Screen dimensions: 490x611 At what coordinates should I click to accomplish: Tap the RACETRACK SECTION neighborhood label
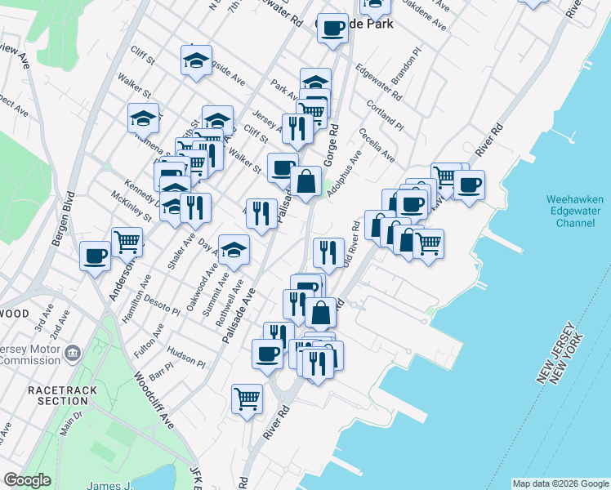[57, 395]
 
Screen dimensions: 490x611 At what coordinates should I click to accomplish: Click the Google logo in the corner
[27, 480]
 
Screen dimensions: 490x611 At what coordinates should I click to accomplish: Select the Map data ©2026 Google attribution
[560, 483]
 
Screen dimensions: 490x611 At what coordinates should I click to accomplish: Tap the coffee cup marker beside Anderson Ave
[95, 256]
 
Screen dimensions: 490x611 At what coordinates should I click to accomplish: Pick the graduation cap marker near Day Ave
[234, 249]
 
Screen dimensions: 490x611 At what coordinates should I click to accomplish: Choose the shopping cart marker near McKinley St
[127, 241]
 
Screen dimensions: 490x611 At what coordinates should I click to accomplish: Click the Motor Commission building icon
[72, 354]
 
